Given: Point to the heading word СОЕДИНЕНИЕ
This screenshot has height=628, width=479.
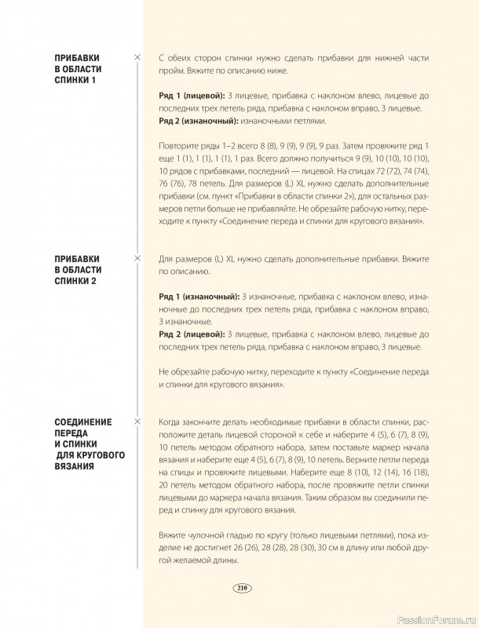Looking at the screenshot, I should (x=83, y=422).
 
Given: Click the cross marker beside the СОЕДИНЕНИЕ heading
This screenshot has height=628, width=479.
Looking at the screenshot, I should (x=138, y=422).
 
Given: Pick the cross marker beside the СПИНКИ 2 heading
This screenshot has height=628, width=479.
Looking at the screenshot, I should (x=138, y=257).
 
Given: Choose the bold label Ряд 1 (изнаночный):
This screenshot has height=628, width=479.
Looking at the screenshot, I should (x=199, y=296).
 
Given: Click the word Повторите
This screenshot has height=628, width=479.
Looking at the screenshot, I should (x=180, y=146).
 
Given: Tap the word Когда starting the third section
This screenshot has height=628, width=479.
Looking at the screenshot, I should (x=173, y=422).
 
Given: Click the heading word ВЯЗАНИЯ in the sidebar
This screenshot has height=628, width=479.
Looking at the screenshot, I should (x=74, y=466).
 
